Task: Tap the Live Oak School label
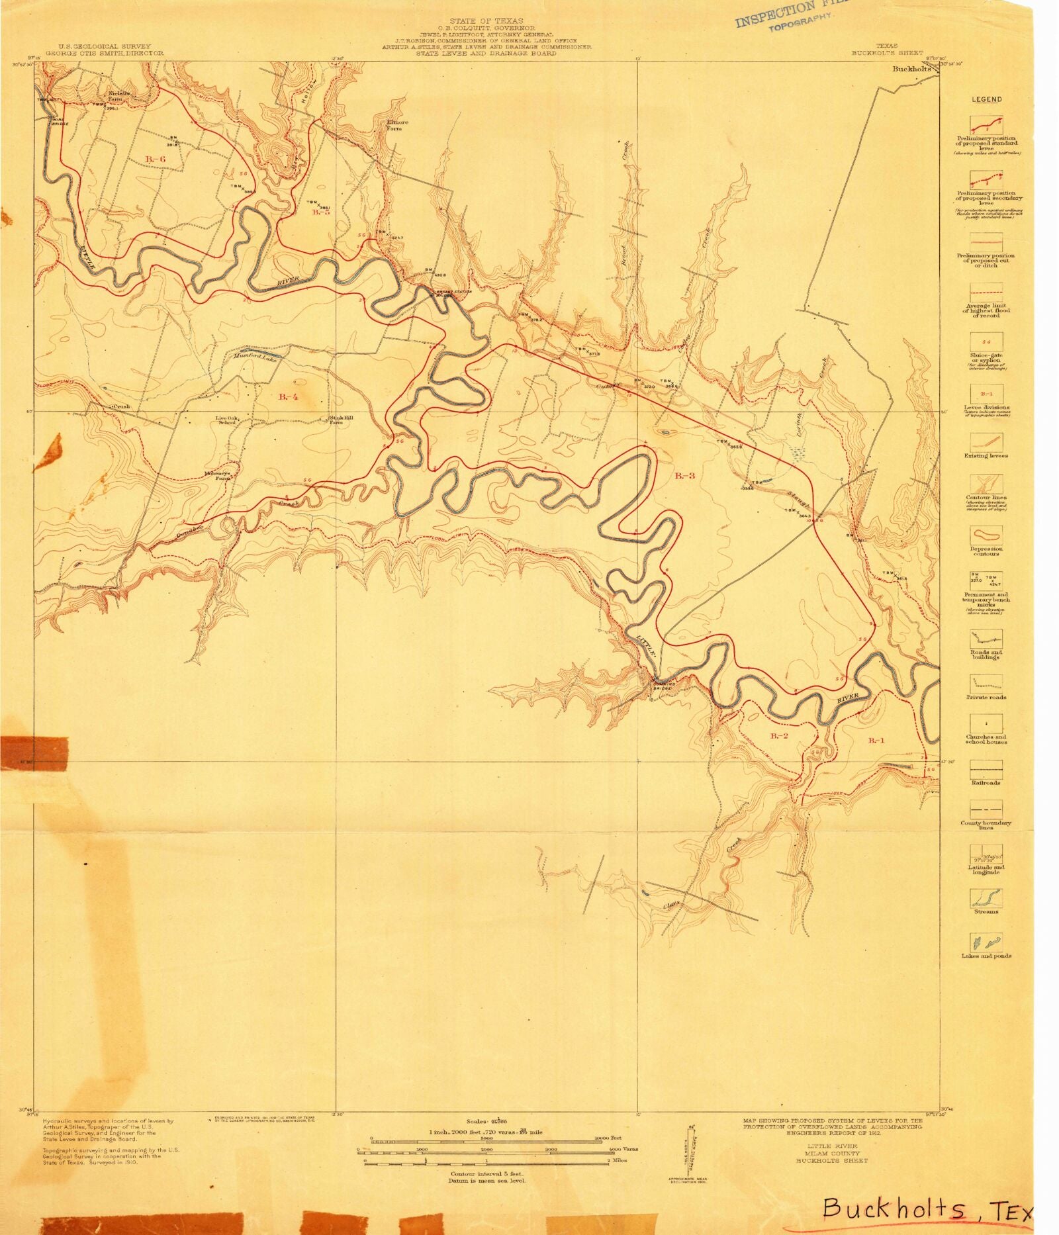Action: [227, 420]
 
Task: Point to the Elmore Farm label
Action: [398, 125]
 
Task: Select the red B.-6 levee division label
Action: [155, 159]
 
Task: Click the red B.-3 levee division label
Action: [684, 475]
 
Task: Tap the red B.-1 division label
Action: [876, 740]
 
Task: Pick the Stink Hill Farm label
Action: [336, 420]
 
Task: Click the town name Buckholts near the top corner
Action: [911, 69]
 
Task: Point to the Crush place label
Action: [121, 406]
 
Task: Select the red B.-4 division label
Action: [288, 396]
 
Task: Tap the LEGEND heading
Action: [986, 99]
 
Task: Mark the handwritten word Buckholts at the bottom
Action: [894, 1210]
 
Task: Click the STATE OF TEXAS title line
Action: [486, 21]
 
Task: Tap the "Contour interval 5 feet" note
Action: [486, 1173]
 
